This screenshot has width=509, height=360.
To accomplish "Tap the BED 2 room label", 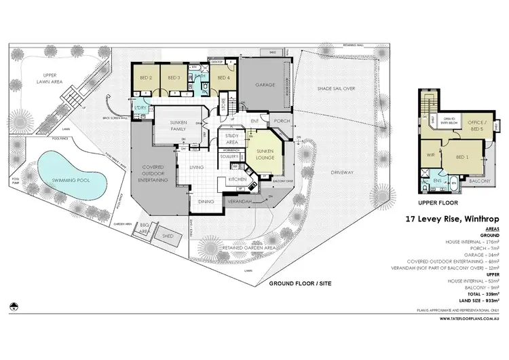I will point(145,78).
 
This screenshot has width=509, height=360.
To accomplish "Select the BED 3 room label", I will point(173,78).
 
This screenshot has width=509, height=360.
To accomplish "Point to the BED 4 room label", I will point(222,78).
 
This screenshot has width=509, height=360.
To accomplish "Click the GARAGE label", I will point(264,86).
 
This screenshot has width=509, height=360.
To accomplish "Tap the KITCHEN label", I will point(236,179).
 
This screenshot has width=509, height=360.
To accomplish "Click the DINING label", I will point(206,201).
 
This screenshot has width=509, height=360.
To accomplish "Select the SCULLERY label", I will point(229,156).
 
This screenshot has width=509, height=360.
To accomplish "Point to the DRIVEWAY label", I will point(343,173).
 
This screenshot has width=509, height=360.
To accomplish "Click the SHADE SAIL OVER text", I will point(336,88).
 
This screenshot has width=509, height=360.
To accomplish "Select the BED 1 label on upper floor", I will point(462,157).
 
